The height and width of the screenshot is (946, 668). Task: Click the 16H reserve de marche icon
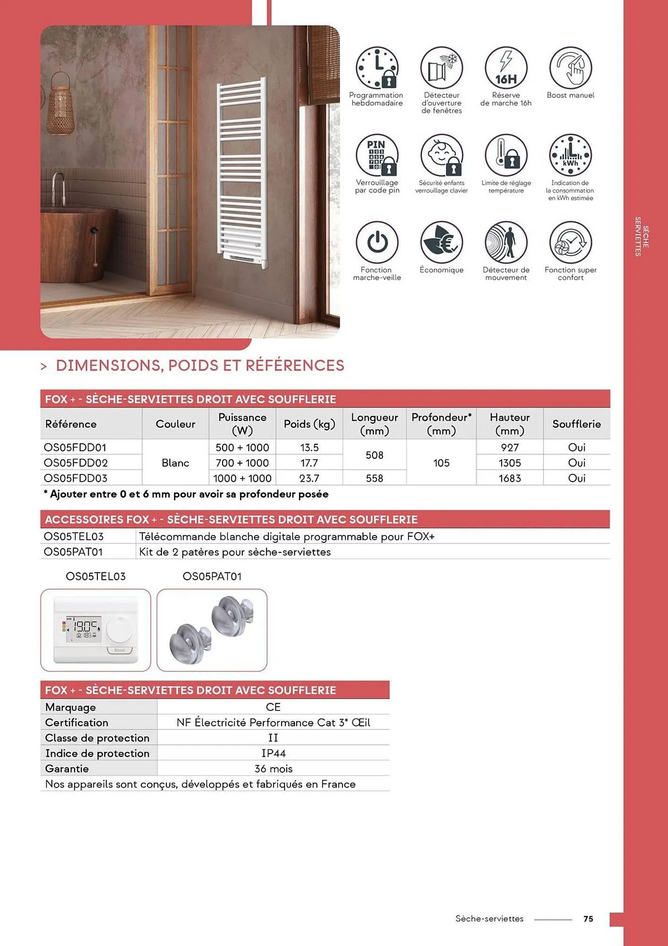[505, 68]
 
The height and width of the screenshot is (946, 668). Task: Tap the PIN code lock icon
[377, 155]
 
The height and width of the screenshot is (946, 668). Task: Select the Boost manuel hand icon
[570, 68]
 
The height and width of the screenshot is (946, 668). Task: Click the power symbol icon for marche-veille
[377, 242]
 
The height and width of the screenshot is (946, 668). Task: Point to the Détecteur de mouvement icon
[505, 242]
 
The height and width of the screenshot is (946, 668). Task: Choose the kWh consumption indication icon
[570, 155]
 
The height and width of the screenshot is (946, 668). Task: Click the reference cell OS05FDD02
[76, 463]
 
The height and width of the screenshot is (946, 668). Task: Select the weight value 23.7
[309, 478]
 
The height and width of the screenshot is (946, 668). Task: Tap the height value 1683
[509, 478]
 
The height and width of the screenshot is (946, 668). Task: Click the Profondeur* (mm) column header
[441, 424]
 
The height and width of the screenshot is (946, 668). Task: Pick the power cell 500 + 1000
[242, 447]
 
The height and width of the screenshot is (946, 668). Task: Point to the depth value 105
[441, 463]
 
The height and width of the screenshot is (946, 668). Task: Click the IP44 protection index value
[273, 753]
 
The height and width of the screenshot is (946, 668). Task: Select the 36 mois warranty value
[273, 769]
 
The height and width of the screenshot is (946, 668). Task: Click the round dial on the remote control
[120, 630]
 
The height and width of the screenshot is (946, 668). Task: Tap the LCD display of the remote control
[84, 630]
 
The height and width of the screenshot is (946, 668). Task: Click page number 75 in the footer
[588, 919]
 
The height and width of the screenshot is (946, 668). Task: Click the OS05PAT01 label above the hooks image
[212, 576]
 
